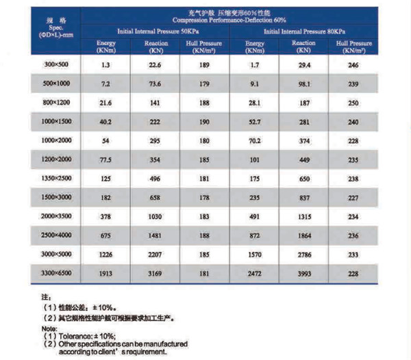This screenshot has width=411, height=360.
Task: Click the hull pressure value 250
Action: [352, 103]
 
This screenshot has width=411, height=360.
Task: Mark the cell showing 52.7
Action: [254, 123]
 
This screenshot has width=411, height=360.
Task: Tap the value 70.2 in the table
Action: [254, 141]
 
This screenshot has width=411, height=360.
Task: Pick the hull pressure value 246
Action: [352, 65]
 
